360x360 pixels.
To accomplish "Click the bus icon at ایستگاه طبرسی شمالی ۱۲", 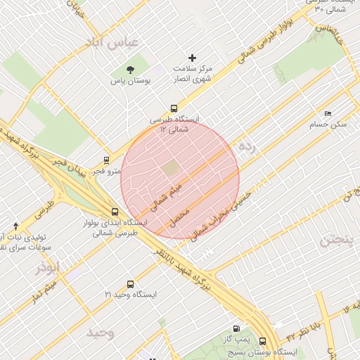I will coord(174,108).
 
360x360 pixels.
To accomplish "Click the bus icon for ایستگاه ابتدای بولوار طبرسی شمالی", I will coord(115,212).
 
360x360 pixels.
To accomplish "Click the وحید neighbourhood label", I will coord(100,332).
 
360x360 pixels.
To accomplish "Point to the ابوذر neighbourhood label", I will coord(50,268).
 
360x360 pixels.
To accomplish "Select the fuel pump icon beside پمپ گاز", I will coord(234,328).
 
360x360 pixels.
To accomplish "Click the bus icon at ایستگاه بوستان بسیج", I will coord(262,340).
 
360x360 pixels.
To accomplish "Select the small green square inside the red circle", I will coord(171,168).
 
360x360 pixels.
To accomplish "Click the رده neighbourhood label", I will coord(245,146).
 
